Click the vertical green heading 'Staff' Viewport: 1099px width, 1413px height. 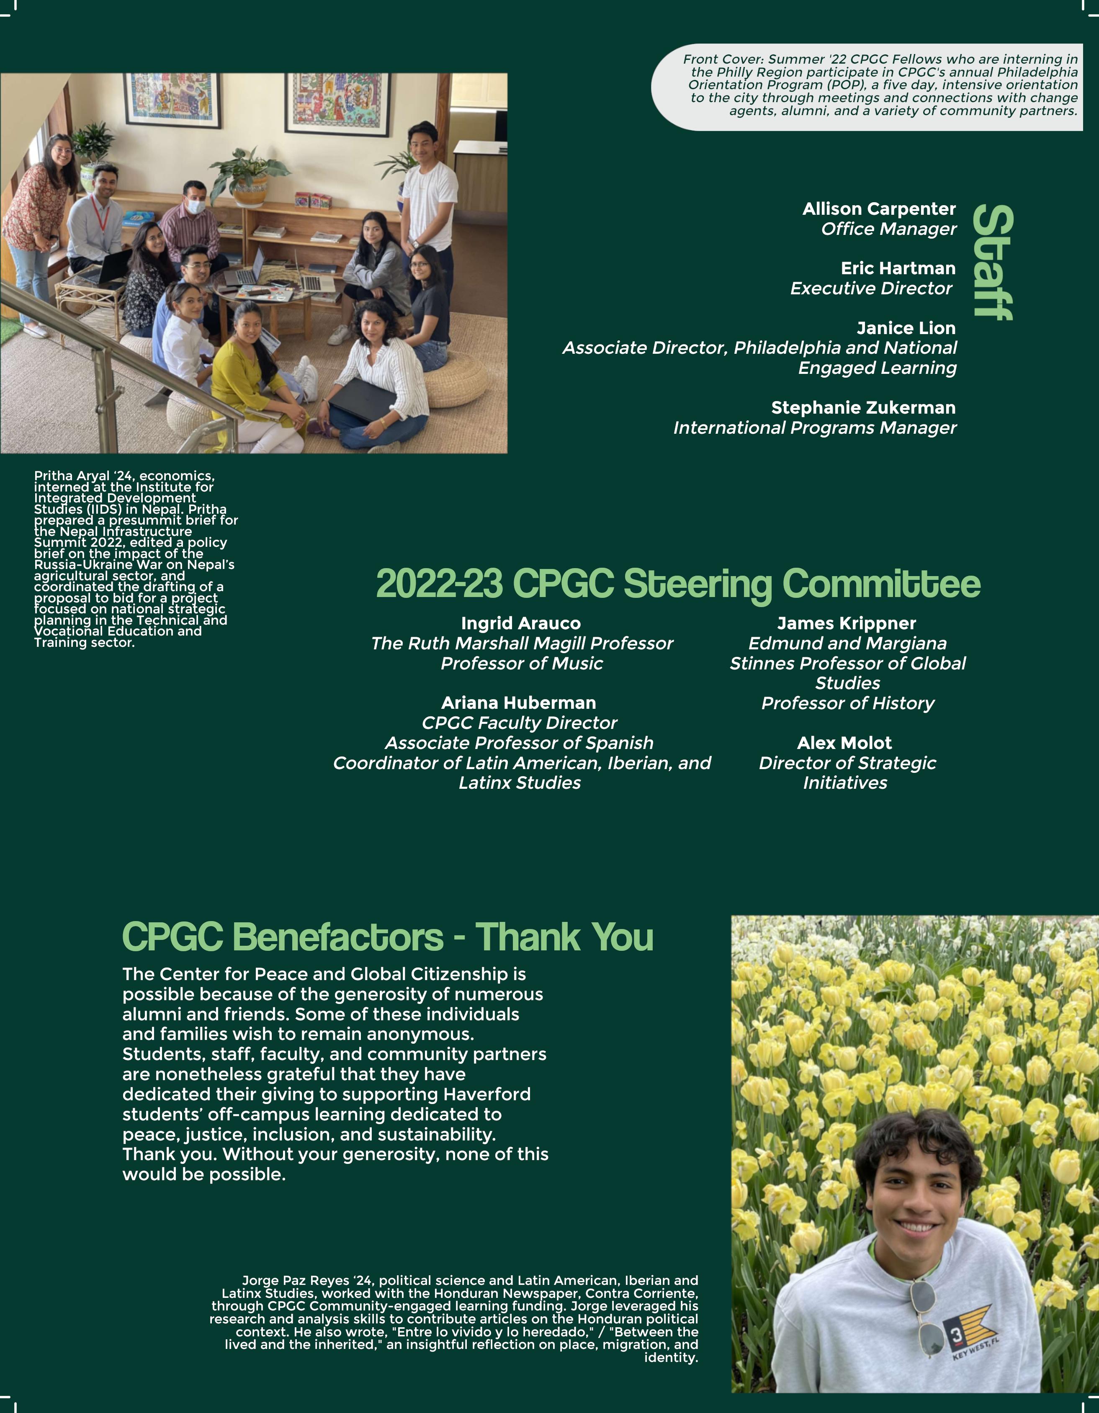993,263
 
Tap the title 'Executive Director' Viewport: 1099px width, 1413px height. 871,288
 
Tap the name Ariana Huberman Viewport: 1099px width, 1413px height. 519,703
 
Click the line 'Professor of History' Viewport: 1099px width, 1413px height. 847,703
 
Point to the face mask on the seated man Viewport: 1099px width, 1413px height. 196,208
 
